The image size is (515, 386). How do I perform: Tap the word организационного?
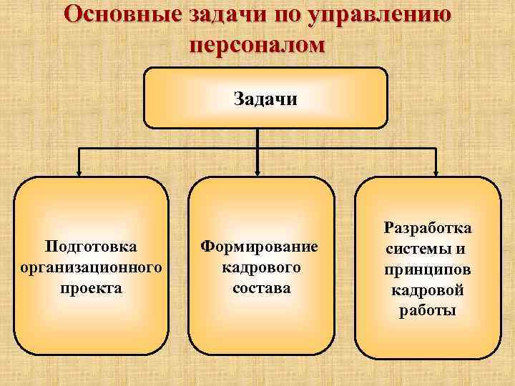[88, 267]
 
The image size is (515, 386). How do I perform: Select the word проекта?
[92, 288]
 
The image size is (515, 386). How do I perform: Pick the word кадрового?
[260, 267]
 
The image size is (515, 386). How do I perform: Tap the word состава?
[261, 288]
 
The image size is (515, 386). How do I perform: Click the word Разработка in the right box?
[428, 228]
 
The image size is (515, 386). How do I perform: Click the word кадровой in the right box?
[427, 290]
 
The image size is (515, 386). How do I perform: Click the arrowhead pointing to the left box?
[79, 172]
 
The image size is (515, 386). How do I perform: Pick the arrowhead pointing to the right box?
[436, 172]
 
